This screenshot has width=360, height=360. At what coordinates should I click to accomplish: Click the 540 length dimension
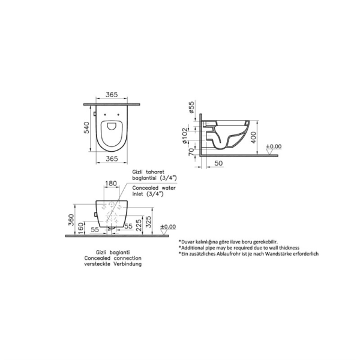click(86, 128)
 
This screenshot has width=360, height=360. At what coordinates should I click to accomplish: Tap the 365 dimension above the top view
click(112, 95)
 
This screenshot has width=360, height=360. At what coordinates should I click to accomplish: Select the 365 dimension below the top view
click(112, 158)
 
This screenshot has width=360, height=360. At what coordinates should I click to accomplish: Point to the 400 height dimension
click(253, 137)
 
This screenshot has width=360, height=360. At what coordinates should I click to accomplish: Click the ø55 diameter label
click(191, 107)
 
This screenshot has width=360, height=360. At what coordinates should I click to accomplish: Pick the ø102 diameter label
click(185, 136)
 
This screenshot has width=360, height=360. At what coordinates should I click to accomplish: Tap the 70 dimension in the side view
click(191, 152)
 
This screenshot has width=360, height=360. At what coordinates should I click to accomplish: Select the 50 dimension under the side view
click(218, 163)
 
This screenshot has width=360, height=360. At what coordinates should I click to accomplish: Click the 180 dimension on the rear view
click(111, 184)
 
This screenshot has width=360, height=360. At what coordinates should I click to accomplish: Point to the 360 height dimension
click(71, 220)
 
